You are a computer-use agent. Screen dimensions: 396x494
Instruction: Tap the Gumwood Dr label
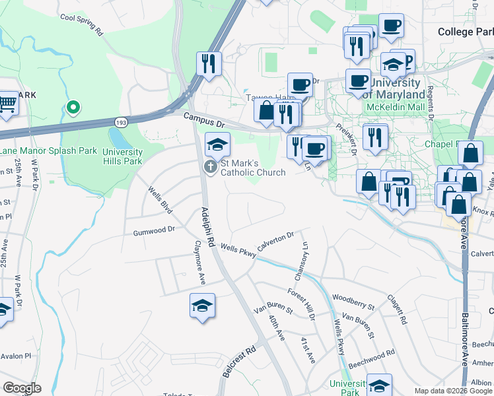point(154,231)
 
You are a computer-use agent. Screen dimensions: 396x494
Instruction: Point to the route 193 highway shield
point(120,122)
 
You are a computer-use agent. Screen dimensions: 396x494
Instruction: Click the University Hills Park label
point(122,156)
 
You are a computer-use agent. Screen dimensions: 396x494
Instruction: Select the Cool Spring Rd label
point(81,25)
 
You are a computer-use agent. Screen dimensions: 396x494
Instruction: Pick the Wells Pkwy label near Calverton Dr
point(238,248)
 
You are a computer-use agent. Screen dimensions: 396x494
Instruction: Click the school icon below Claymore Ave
point(203,306)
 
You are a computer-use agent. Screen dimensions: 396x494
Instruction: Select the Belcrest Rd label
point(239,362)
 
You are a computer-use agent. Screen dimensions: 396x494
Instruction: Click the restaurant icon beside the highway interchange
point(208,64)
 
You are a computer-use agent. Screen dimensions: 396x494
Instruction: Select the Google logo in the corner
point(22,388)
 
